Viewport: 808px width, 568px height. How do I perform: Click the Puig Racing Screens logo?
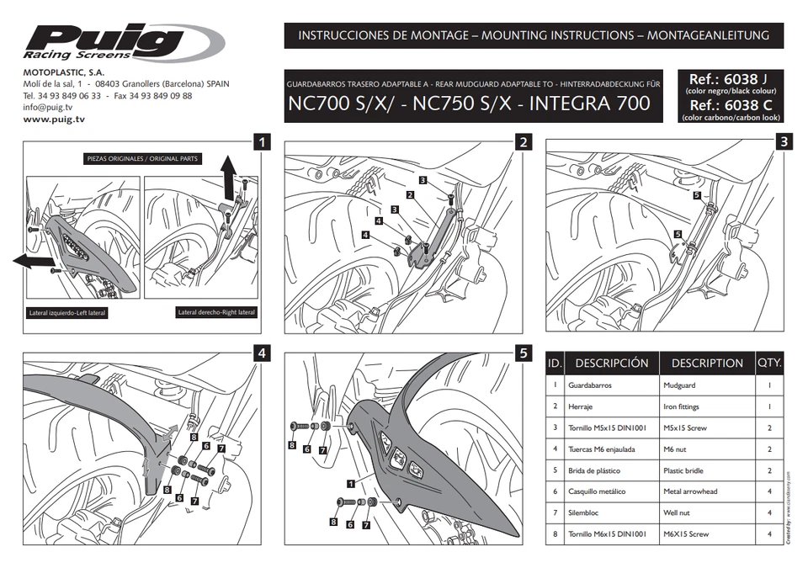tap(123, 42)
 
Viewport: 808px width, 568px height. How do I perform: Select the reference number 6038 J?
tap(728, 79)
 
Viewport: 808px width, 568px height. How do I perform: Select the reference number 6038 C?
tap(728, 106)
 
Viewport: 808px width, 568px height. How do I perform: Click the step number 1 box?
tap(263, 141)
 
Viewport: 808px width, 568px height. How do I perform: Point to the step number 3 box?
tap(784, 141)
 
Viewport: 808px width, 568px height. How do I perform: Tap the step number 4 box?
tap(263, 353)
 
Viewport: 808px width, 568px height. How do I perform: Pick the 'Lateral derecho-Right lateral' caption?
tap(216, 312)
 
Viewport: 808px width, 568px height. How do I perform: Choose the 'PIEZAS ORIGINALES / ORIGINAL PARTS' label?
tap(142, 158)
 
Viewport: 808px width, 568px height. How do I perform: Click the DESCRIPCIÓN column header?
tap(611, 364)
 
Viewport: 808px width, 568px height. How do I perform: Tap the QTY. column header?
tap(769, 364)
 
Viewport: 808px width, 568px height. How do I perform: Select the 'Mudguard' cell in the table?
tap(679, 385)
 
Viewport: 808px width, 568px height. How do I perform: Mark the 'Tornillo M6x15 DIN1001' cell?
tap(607, 533)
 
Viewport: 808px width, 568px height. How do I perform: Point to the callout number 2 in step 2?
tap(410, 195)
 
